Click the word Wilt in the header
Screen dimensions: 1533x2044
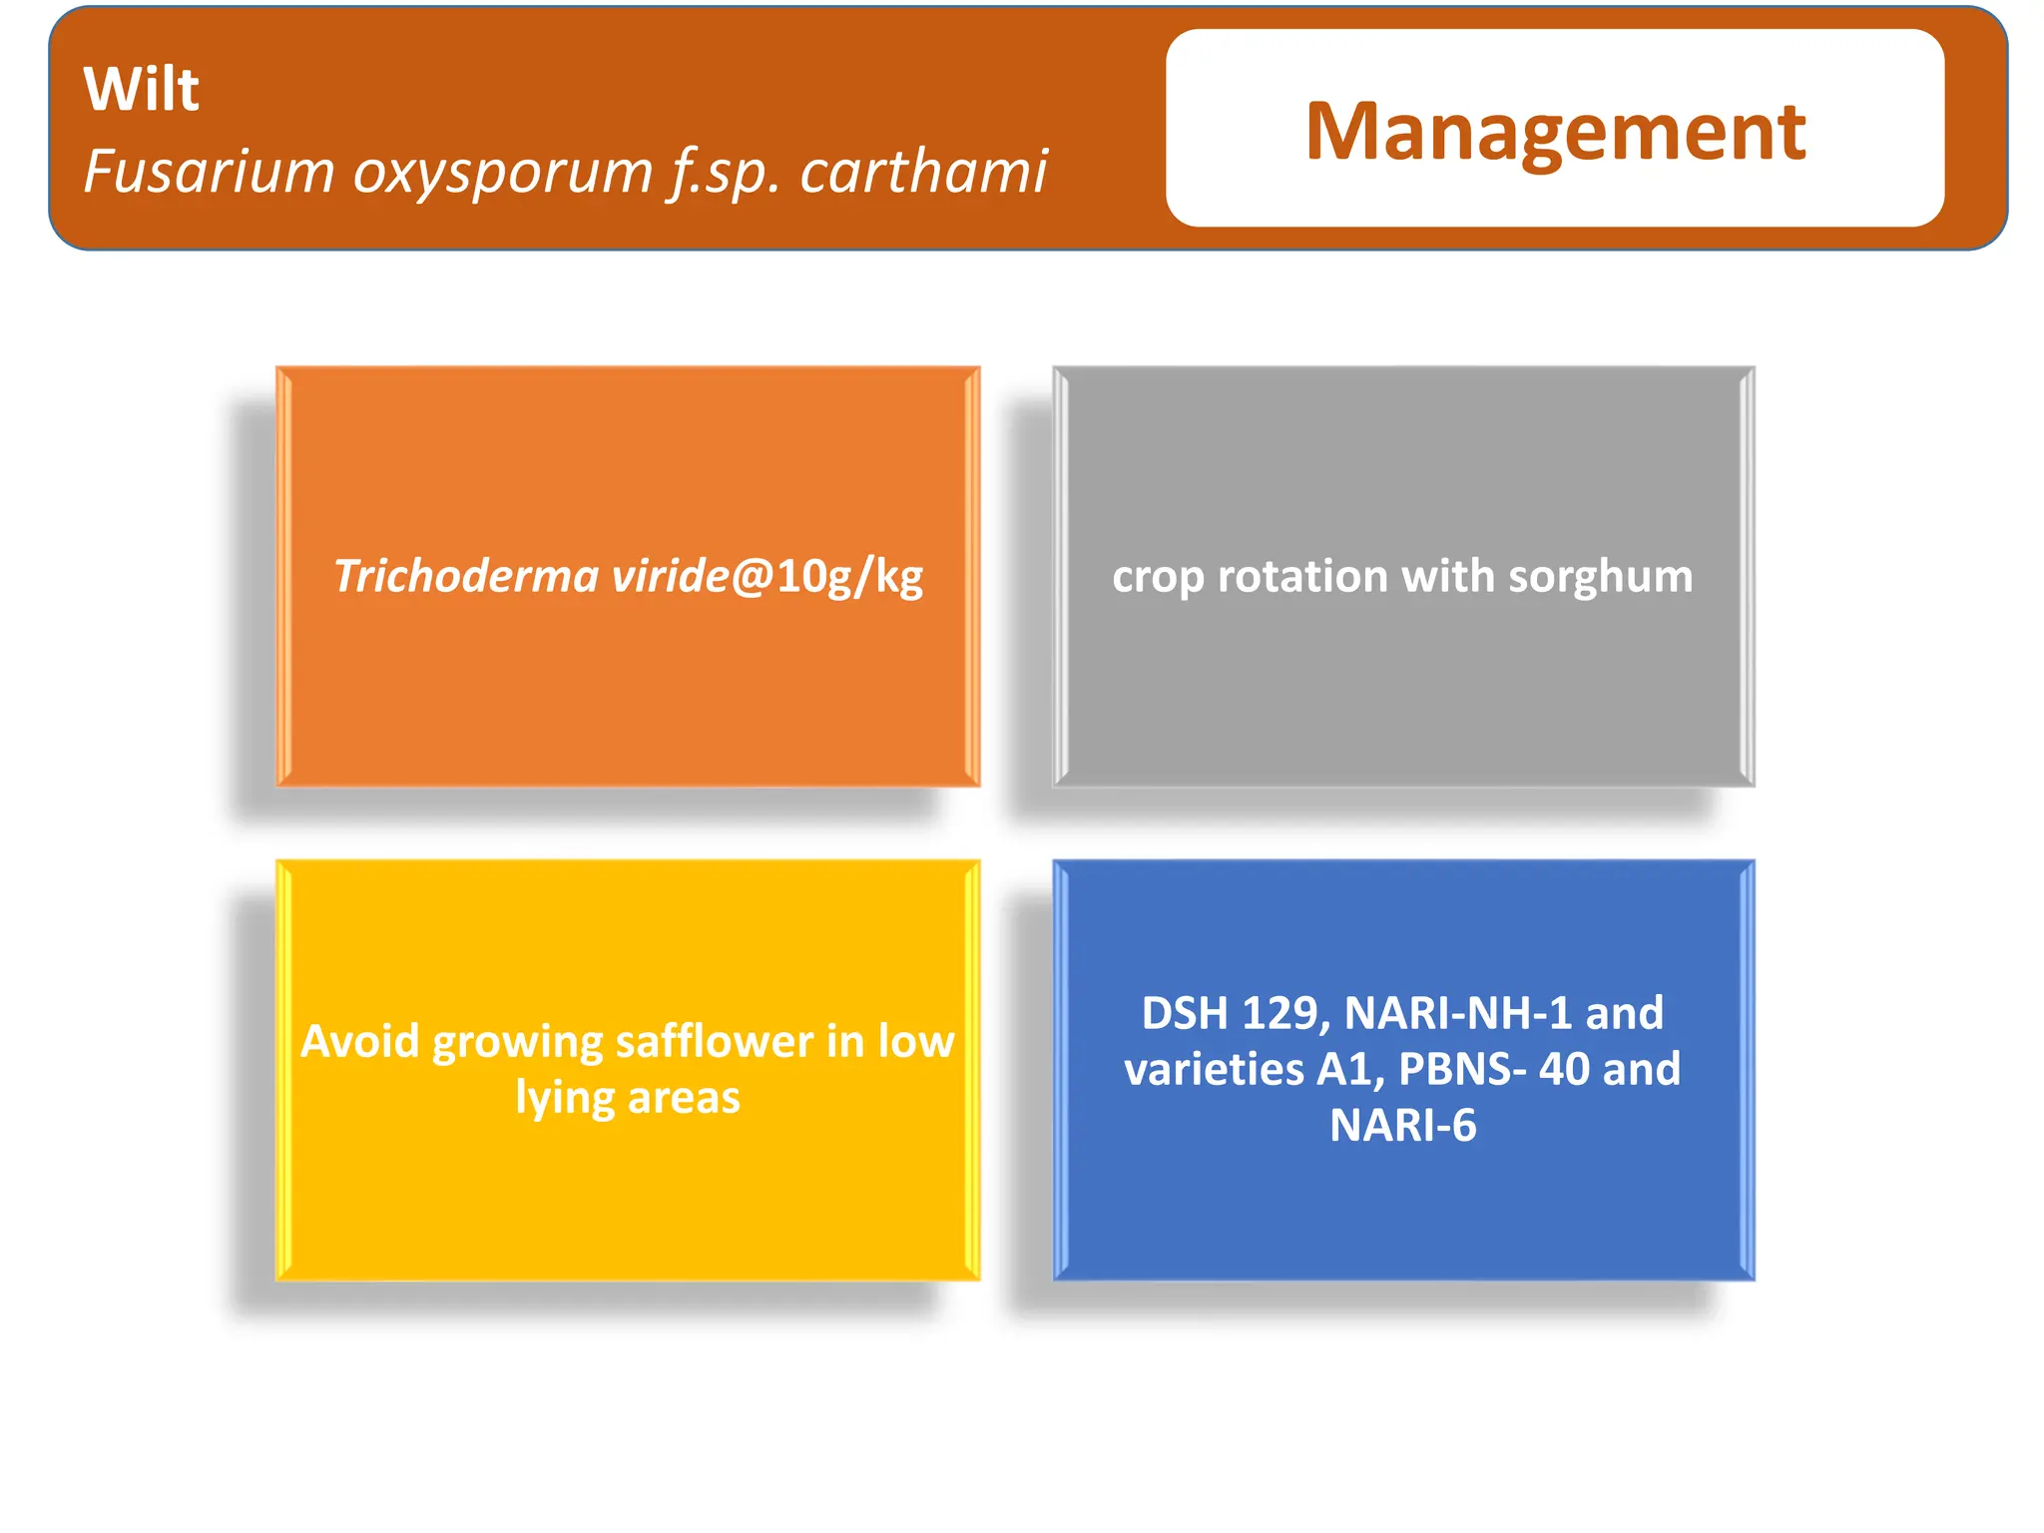(141, 90)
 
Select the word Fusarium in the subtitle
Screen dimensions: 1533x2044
(209, 172)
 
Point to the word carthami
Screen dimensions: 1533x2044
(923, 172)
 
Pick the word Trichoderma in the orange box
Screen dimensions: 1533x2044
(466, 576)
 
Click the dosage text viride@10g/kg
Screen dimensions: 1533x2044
(766, 577)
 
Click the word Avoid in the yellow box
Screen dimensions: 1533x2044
(360, 1041)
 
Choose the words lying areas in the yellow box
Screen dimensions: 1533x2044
(627, 1098)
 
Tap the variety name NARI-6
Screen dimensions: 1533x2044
(1402, 1126)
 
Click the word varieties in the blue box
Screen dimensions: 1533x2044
(1214, 1069)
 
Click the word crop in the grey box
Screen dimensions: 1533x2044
(1157, 577)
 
